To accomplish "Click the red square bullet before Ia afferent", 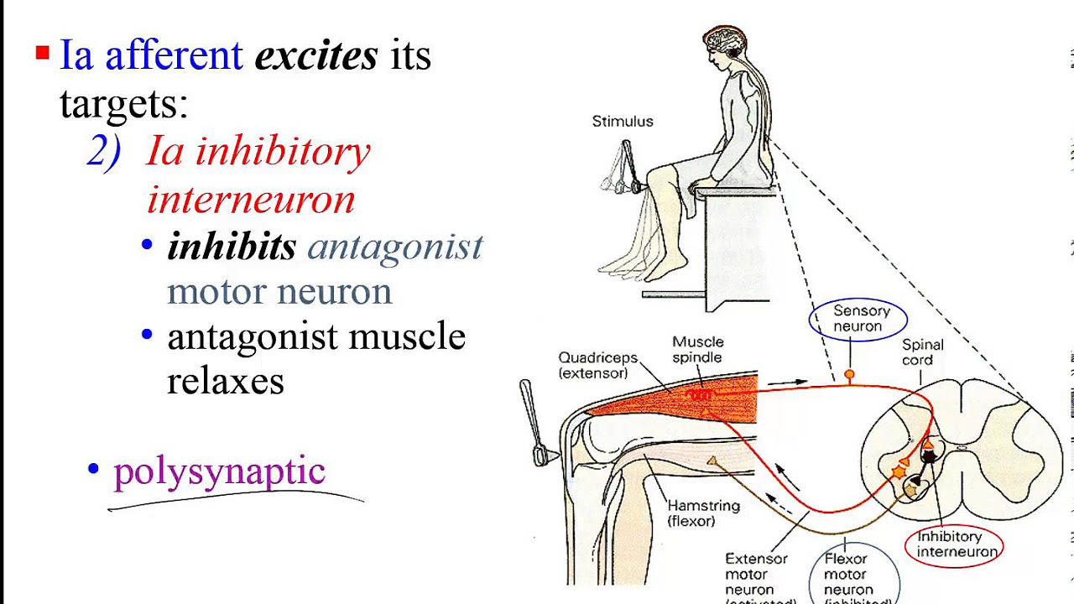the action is (x=42, y=55).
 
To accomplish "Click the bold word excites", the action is (x=316, y=56).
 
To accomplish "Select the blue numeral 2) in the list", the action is (x=104, y=152).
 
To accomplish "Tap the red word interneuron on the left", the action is (x=251, y=200).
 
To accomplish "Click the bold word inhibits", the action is (x=232, y=247).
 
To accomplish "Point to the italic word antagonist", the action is (x=395, y=247).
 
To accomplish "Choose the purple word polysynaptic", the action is (x=219, y=471).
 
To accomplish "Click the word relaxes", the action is (x=226, y=381).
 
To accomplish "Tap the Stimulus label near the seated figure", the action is (x=623, y=122).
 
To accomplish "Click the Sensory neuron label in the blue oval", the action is (x=858, y=319).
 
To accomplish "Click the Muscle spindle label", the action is (x=697, y=350).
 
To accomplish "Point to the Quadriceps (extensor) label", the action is (x=598, y=365).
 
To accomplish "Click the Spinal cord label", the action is (x=923, y=352).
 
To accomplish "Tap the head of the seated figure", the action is (x=723, y=45).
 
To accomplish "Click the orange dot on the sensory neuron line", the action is (x=849, y=374).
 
